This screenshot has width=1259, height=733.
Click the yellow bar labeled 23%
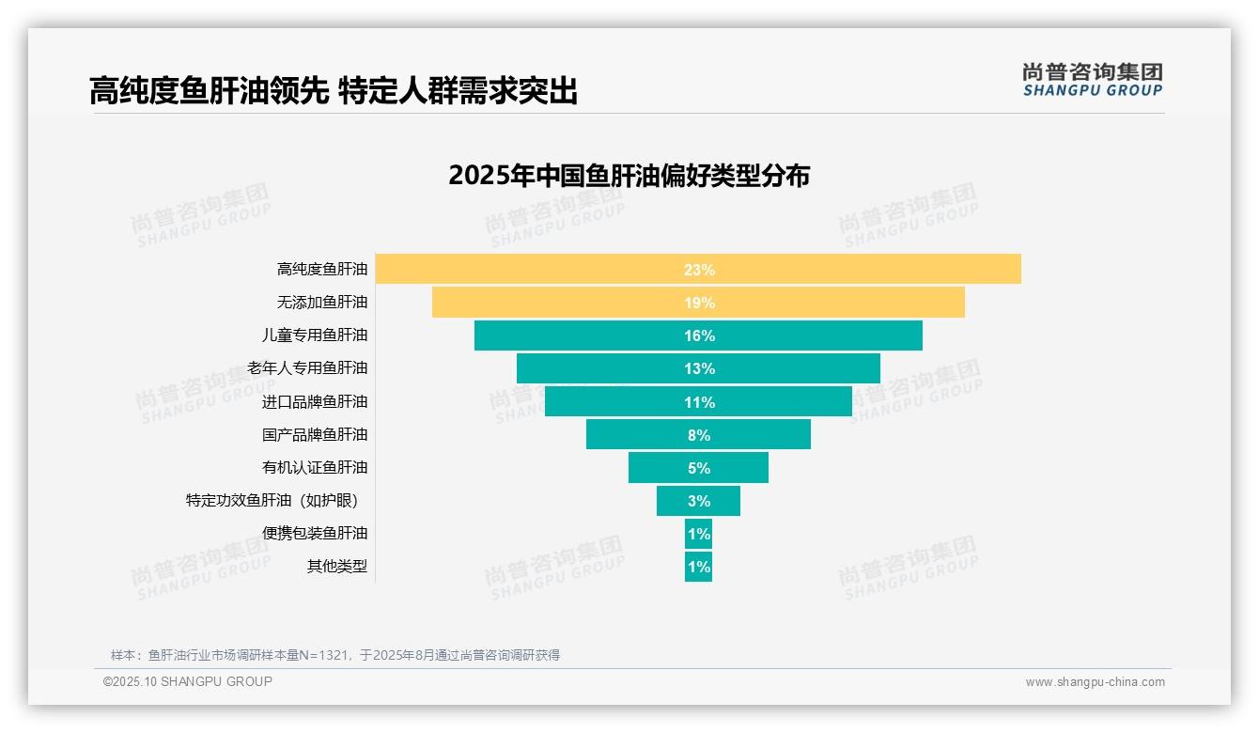[698, 269]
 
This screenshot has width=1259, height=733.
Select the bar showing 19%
[698, 303]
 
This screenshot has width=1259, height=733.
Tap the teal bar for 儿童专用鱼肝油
[698, 335]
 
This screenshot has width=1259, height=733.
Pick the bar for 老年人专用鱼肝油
[698, 368]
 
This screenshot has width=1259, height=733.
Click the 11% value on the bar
[699, 402]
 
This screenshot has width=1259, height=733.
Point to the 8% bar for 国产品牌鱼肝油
[698, 435]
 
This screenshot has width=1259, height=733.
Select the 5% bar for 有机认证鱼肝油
[698, 468]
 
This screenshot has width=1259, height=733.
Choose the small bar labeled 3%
[698, 501]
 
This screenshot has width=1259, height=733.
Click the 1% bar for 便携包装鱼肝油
[698, 534]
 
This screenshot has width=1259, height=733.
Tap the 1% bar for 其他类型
[698, 567]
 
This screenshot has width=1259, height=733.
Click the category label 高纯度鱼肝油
[322, 270]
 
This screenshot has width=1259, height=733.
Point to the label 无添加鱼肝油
[322, 303]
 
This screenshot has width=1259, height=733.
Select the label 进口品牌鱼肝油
[315, 402]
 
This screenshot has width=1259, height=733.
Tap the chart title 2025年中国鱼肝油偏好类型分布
[629, 176]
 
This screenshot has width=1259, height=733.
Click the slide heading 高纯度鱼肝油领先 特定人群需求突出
[333, 90]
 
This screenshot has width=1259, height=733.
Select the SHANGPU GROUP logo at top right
[1092, 80]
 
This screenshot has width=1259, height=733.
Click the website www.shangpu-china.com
[1095, 682]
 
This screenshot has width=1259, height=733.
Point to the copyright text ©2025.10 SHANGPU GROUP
[188, 681]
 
